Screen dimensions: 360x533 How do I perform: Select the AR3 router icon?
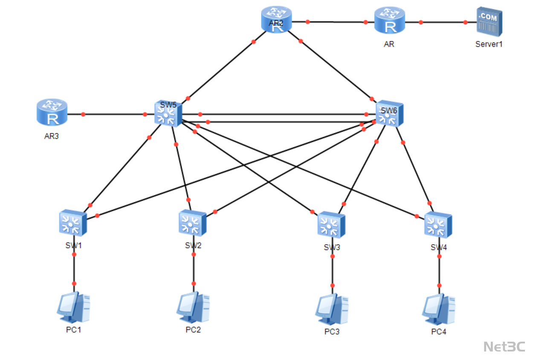pyautogui.click(x=52, y=112)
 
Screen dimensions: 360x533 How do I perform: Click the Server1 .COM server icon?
pyautogui.click(x=489, y=21)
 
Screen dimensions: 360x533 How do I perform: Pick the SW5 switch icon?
pyautogui.click(x=168, y=114)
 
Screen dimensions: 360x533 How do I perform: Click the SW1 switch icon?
pyautogui.click(x=73, y=222)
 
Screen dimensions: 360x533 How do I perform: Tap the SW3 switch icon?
pyautogui.click(x=331, y=225)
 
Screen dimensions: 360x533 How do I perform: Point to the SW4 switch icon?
pyautogui.click(x=438, y=225)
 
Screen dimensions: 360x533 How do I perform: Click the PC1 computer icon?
pyautogui.click(x=73, y=307)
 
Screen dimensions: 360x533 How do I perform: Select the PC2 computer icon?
pyautogui.click(x=193, y=307)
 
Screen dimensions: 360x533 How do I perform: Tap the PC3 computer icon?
pyautogui.click(x=332, y=309)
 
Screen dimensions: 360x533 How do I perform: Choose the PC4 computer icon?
pyautogui.click(x=438, y=309)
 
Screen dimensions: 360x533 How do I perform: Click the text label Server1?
pyautogui.click(x=489, y=43)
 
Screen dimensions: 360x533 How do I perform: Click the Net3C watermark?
pyautogui.click(x=504, y=346)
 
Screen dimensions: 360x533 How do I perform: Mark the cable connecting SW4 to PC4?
pyautogui.click(x=439, y=271)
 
